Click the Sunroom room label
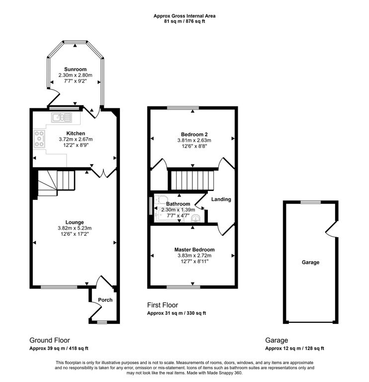[75, 69]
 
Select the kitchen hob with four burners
[40, 139]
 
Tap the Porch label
[105, 300]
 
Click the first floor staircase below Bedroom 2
[192, 180]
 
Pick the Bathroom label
[178, 204]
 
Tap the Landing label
[221, 199]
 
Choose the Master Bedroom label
[194, 249]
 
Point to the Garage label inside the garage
[310, 262]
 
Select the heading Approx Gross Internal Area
[184, 16]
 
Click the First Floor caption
[162, 305]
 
